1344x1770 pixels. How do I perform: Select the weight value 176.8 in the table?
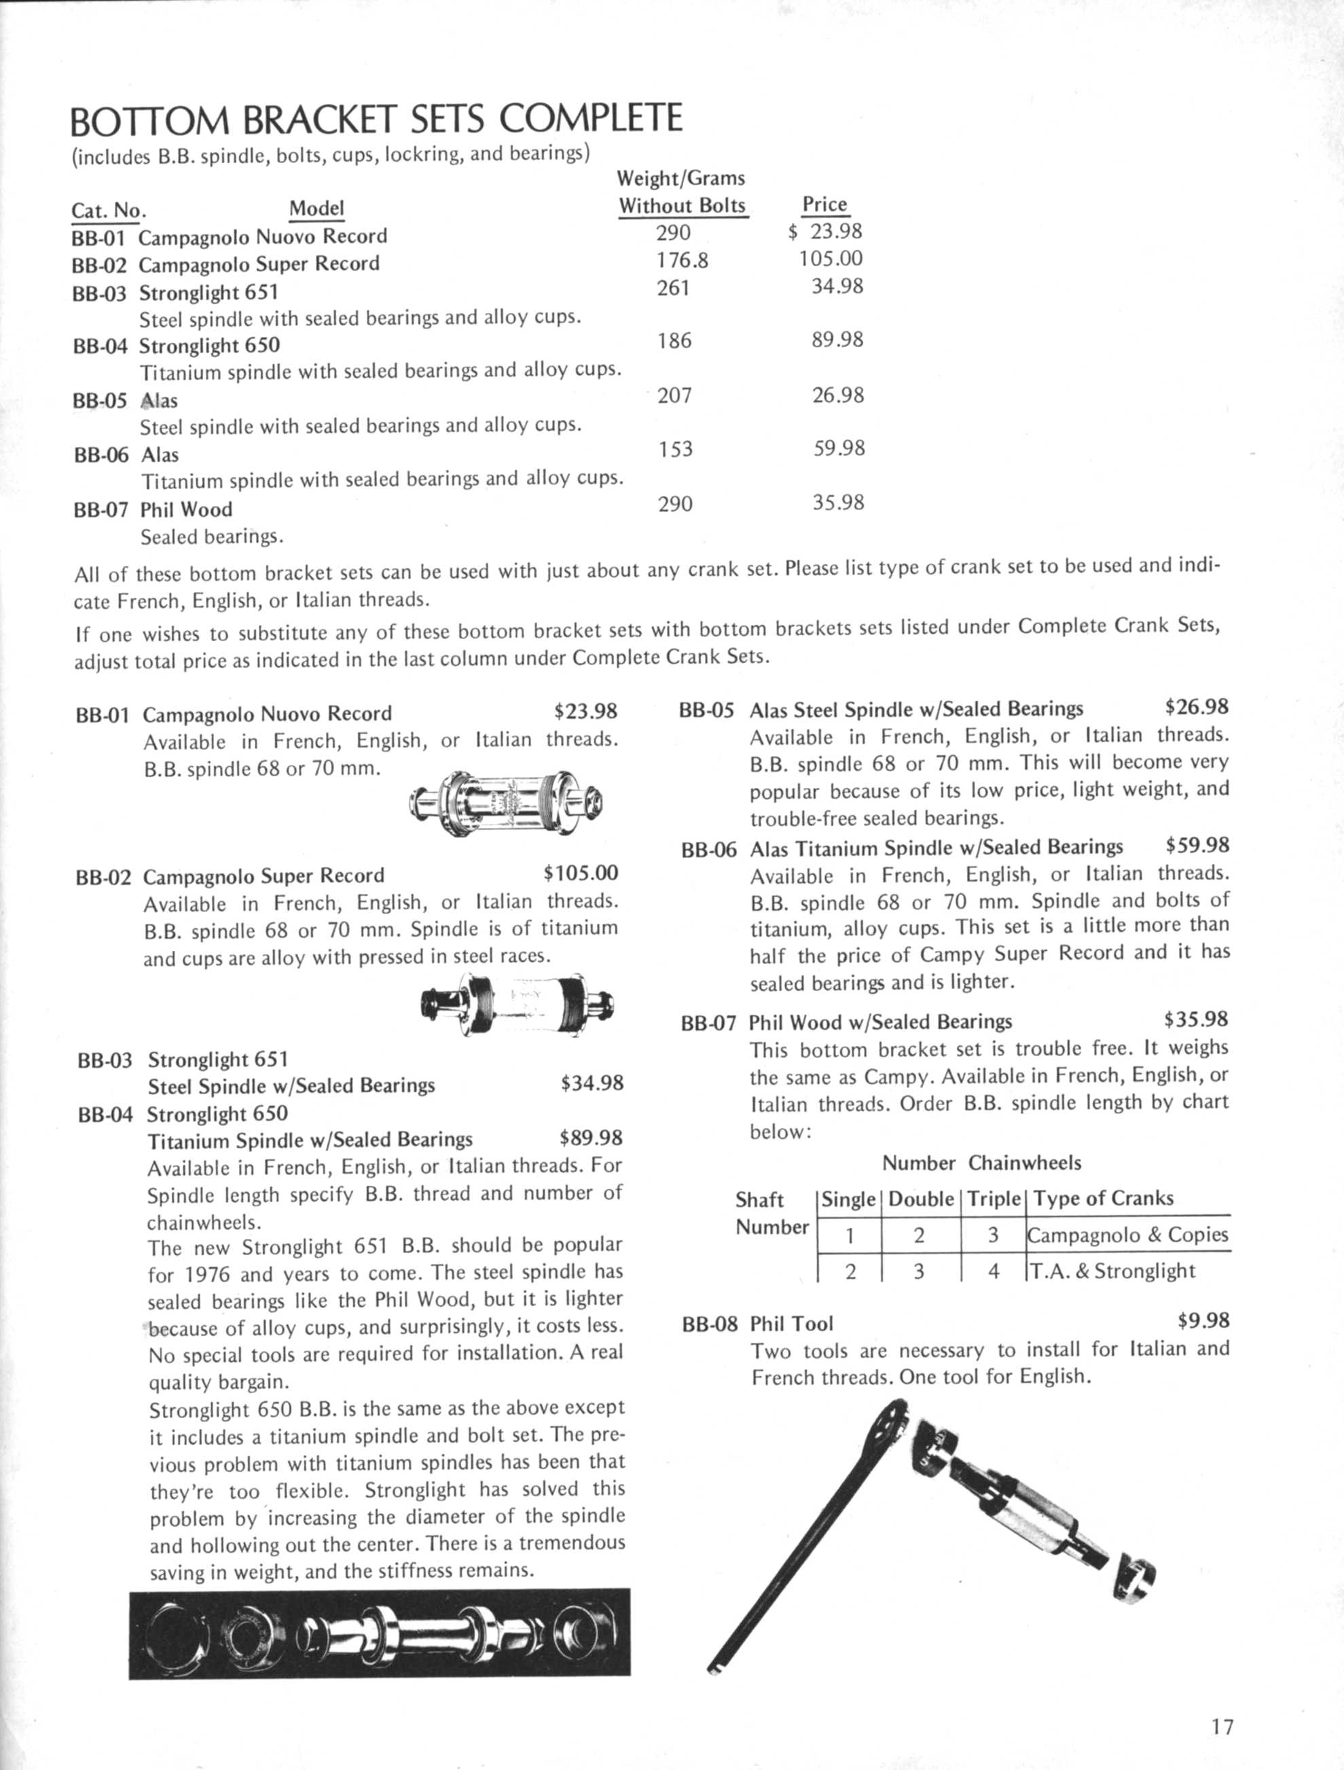[682, 260]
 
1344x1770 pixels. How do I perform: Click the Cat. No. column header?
[108, 211]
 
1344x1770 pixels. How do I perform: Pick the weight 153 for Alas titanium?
[675, 449]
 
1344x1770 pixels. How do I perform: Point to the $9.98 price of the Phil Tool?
[1203, 1321]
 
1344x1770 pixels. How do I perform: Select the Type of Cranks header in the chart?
[1103, 1199]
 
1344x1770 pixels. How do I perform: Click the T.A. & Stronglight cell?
[1112, 1271]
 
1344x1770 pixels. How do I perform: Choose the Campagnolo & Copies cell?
[1127, 1235]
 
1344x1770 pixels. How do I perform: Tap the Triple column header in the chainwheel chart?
[993, 1199]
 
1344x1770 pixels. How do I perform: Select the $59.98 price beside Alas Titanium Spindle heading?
[1197, 845]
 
